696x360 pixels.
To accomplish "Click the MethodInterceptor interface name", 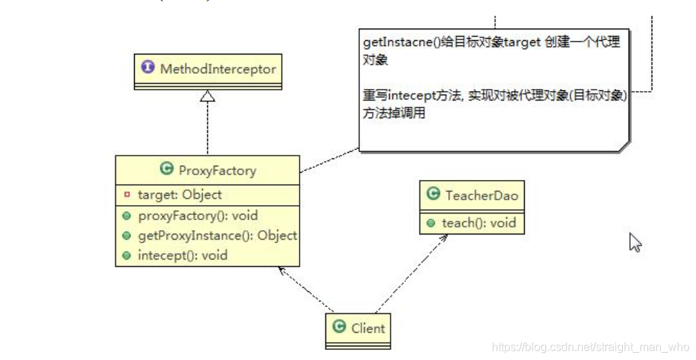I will coord(217,69).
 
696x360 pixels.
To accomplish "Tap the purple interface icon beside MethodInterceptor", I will coord(148,68).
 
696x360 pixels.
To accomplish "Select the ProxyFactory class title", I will coord(216,171).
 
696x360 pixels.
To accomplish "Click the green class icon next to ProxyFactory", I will coord(167,170).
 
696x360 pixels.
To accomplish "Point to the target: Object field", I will coord(179,194).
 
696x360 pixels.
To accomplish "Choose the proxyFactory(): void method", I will coord(197,215).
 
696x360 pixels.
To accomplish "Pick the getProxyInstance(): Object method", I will coord(217,235).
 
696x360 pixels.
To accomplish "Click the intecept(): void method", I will coord(182,255).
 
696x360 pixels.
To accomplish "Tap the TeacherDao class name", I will coord(481,195).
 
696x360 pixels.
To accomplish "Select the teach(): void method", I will coord(478,223).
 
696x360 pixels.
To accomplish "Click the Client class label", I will coord(368,328).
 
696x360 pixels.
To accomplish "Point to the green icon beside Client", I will coord(340,328).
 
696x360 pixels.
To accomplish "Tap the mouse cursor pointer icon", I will coord(635,242).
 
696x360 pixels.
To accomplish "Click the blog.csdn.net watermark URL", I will coord(590,347).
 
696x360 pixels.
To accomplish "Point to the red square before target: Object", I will coord(127,195).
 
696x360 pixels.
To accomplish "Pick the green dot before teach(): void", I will coord(431,224).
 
